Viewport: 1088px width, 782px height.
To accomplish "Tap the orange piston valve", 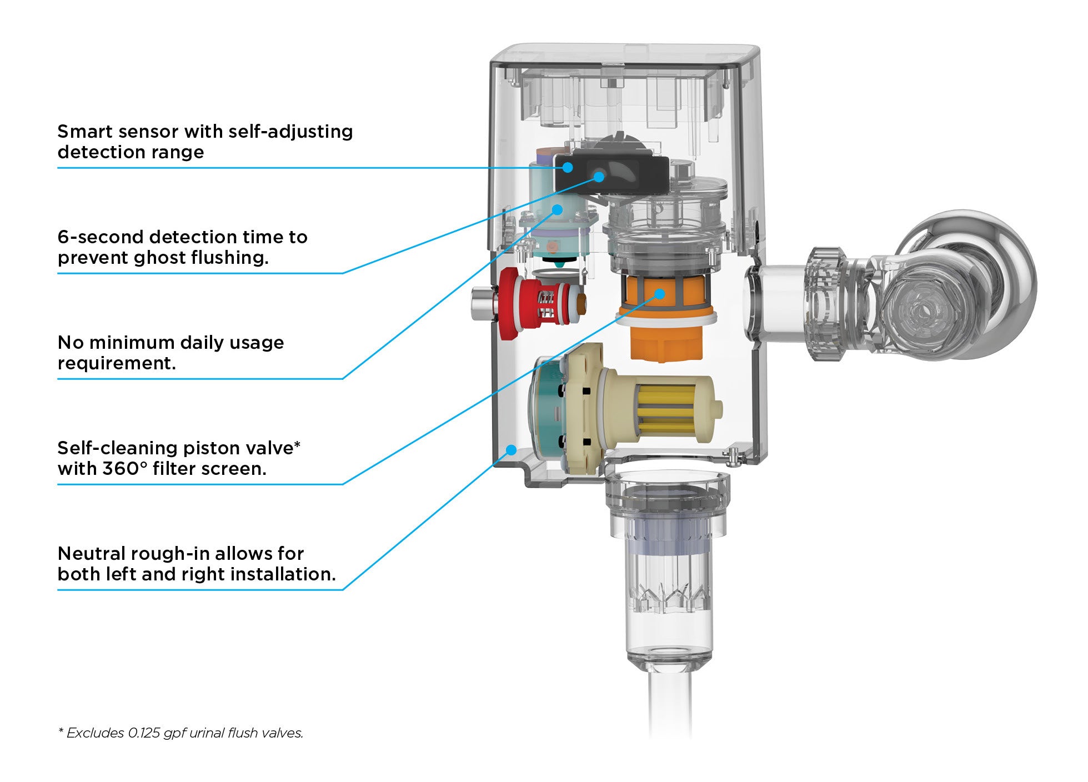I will click(x=666, y=328).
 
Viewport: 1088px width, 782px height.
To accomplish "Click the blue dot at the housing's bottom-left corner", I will click(x=512, y=449).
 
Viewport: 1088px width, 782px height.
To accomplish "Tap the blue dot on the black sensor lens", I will click(x=599, y=177).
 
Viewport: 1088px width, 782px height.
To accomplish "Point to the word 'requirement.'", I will click(x=117, y=363).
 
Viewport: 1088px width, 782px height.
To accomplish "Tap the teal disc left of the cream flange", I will click(x=544, y=411).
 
